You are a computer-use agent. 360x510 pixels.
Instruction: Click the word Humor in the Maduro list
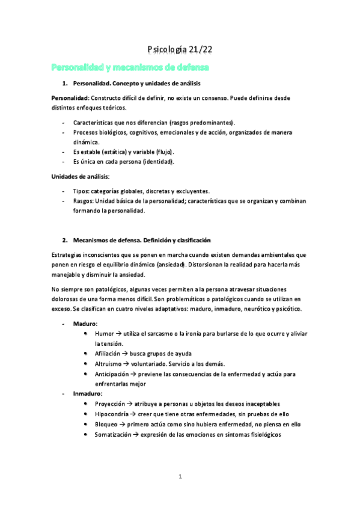104,333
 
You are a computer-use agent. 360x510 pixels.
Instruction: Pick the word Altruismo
109,364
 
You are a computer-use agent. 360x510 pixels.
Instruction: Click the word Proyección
110,404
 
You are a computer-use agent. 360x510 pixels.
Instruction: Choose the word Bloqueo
106,424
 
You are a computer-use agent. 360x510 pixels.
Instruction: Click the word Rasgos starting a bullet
84,201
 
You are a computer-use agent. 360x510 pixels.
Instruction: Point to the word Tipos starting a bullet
82,191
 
